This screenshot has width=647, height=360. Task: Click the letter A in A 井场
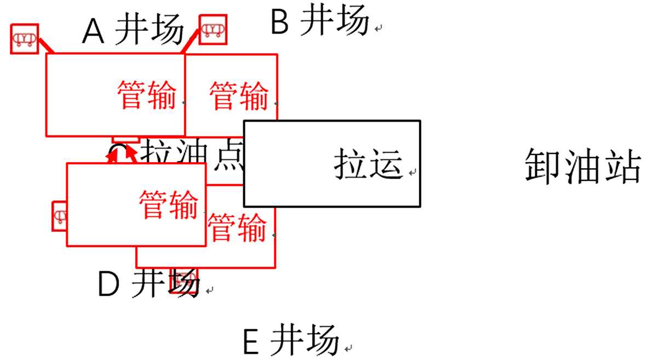pyautogui.click(x=94, y=33)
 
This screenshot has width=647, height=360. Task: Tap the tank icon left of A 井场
pyautogui.click(x=25, y=38)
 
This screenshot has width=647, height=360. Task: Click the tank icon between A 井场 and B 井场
pyautogui.click(x=213, y=28)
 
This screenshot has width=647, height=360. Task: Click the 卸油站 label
pyautogui.click(x=582, y=167)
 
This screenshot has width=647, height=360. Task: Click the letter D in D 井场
pyautogui.click(x=108, y=284)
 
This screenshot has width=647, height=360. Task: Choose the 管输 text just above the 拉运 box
pyautogui.click(x=239, y=95)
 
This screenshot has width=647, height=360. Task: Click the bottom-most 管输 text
pyautogui.click(x=238, y=227)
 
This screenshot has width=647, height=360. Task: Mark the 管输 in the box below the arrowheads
pyautogui.click(x=168, y=204)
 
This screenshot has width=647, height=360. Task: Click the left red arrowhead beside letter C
pyautogui.click(x=112, y=157)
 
